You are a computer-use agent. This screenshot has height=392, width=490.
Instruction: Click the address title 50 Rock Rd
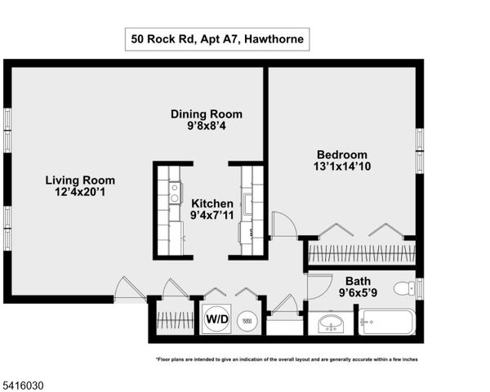(217, 38)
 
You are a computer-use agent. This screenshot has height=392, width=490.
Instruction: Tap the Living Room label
(80, 180)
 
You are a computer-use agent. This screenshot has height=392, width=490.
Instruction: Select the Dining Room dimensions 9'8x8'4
(206, 127)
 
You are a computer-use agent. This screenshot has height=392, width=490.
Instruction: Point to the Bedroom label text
(342, 154)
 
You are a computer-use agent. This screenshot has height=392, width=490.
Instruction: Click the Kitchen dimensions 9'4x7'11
(212, 216)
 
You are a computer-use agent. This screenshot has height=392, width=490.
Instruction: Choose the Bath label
(358, 280)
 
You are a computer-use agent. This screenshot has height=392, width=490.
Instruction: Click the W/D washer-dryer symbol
(216, 318)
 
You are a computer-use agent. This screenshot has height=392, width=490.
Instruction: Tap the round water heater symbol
(246, 321)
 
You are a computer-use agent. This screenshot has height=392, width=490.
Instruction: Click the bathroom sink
(332, 324)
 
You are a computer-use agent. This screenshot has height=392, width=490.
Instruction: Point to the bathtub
(388, 323)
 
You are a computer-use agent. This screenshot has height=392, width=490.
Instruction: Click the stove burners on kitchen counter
(174, 193)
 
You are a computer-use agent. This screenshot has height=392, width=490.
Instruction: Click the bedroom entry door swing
(283, 225)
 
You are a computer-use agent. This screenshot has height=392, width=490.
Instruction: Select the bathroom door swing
(316, 284)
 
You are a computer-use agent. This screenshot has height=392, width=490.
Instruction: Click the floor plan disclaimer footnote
(289, 359)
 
